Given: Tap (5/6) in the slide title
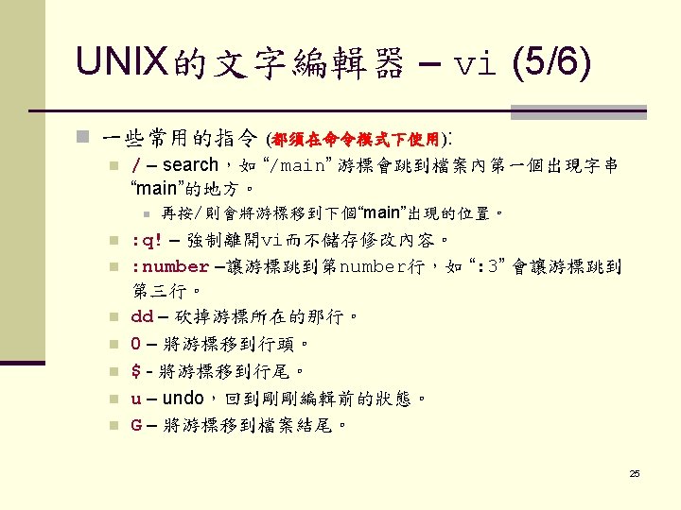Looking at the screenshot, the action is pyautogui.click(x=551, y=63).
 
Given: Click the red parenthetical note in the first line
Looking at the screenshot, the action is pyautogui.click(x=354, y=140).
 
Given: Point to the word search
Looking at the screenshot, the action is pyautogui.click(x=191, y=165).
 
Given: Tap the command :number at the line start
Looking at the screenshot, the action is pyautogui.click(x=169, y=266).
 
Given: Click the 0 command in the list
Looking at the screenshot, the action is pyautogui.click(x=136, y=343).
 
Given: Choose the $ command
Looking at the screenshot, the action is pyautogui.click(x=136, y=370).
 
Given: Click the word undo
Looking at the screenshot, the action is pyautogui.click(x=182, y=398).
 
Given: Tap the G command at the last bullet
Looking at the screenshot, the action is pyautogui.click(x=136, y=425).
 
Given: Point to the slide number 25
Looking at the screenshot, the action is pyautogui.click(x=635, y=473).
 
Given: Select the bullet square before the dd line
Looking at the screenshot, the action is pyautogui.click(x=112, y=316).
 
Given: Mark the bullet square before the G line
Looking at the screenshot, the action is pyautogui.click(x=112, y=426).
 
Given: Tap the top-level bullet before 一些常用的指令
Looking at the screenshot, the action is pyautogui.click(x=82, y=140).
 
